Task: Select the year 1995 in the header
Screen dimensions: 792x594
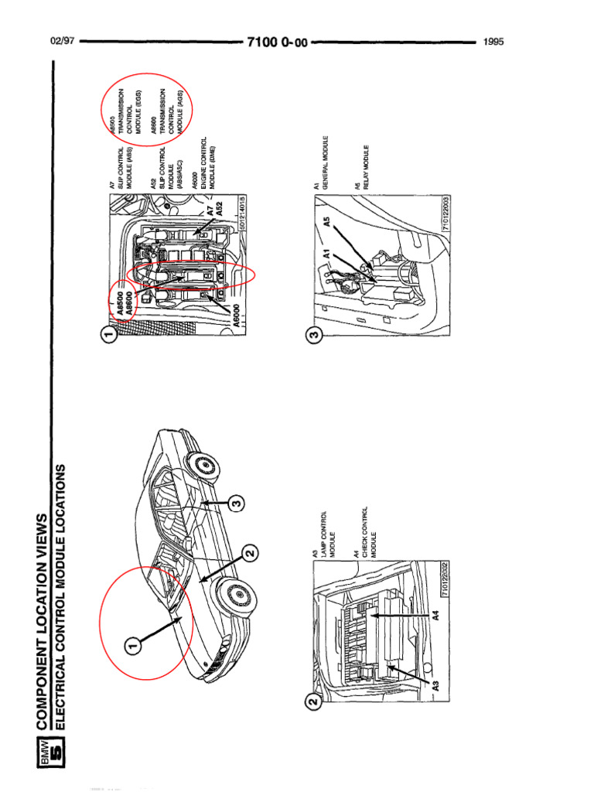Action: click(493, 42)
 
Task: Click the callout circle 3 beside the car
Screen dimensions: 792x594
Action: click(237, 504)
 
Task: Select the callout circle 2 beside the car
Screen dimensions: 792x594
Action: click(250, 554)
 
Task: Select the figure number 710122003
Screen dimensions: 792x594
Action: click(446, 213)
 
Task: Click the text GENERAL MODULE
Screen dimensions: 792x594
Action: click(326, 163)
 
